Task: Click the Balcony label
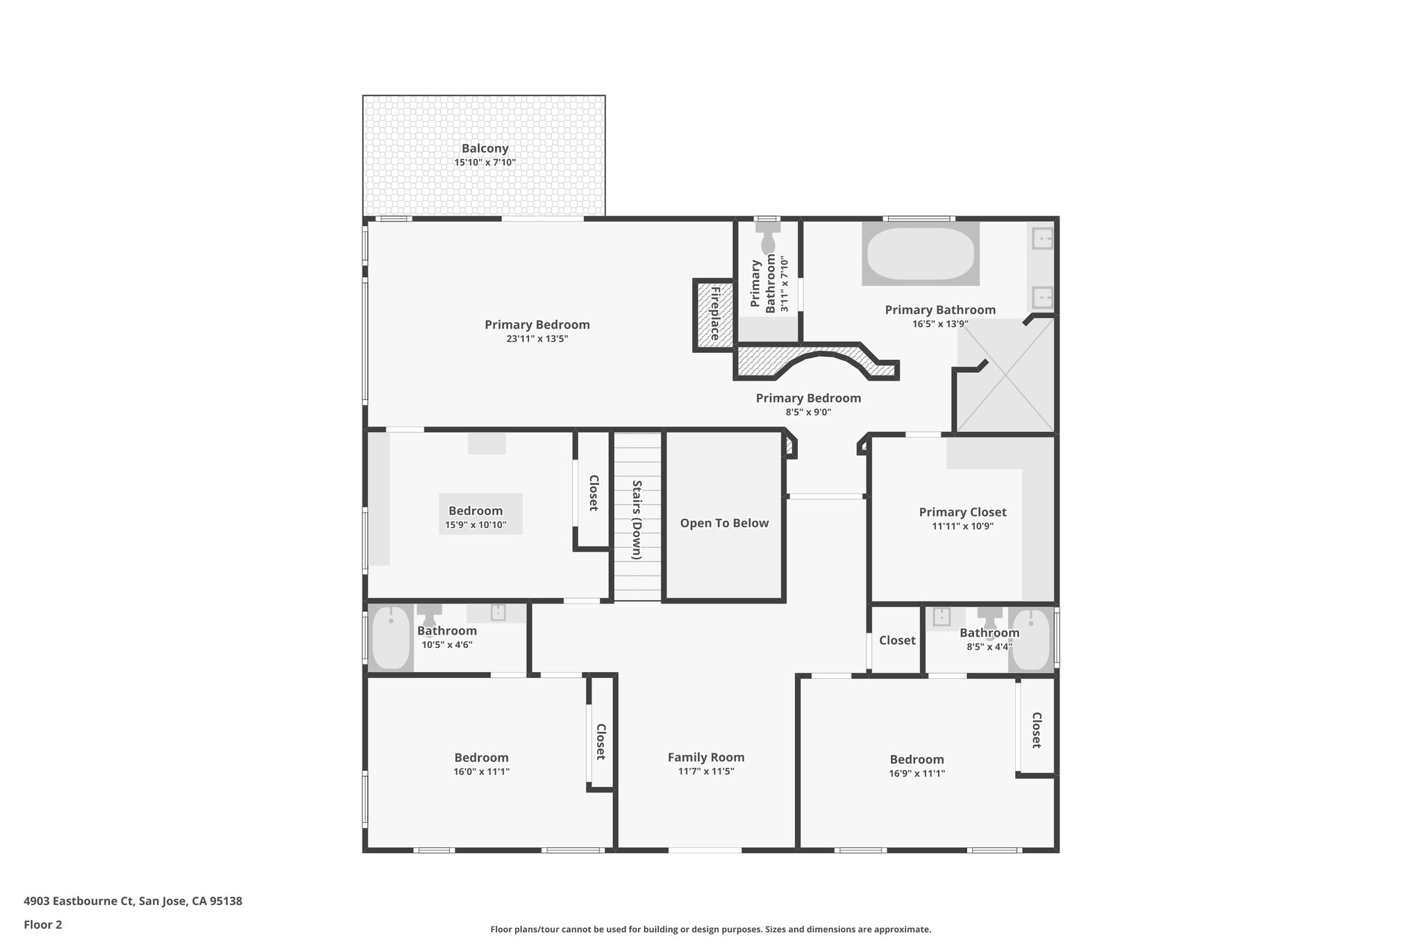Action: coord(485,148)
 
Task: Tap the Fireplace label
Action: coord(715,313)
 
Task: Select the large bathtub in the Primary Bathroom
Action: coord(920,253)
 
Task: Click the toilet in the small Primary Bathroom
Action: coord(768,240)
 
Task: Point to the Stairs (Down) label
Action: coord(637,519)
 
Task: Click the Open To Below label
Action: coord(724,523)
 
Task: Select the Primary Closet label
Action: coord(962,512)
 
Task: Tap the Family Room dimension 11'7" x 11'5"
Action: coord(706,771)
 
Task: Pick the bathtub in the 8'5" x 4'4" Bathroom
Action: coord(1031,640)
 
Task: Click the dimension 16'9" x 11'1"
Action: coord(917,773)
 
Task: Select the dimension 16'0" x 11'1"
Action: coord(481,772)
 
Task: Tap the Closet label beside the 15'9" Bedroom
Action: coord(594,492)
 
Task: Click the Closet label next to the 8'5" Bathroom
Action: coord(897,640)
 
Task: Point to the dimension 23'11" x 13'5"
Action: coord(537,339)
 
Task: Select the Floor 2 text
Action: coord(43,924)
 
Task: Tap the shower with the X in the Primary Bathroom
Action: coord(1005,375)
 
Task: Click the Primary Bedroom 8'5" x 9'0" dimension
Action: coord(808,412)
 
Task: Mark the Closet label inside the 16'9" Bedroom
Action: coord(1036,730)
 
